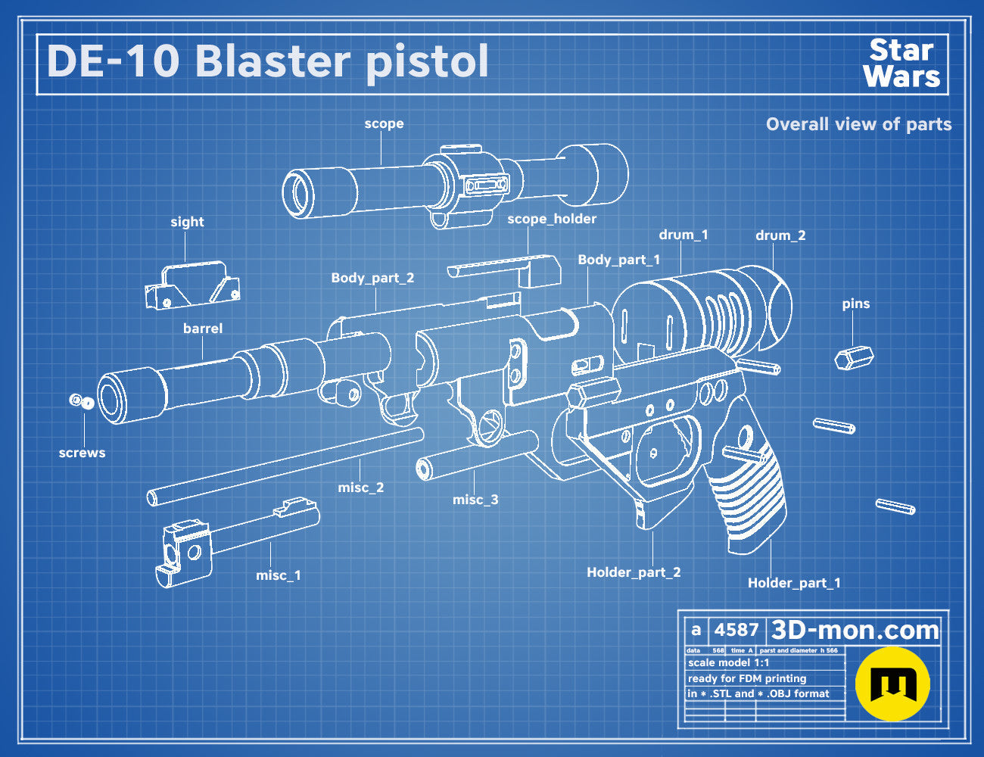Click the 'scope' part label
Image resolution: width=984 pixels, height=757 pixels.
click(x=384, y=123)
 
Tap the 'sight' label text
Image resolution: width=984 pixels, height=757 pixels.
click(x=187, y=222)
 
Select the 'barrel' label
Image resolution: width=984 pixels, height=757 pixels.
click(x=202, y=329)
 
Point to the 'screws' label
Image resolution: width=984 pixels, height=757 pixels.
click(x=82, y=453)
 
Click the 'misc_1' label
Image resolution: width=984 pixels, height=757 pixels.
click(x=278, y=575)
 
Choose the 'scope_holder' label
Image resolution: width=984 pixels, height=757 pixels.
click(x=552, y=219)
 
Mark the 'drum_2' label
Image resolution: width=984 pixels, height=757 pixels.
click(x=780, y=235)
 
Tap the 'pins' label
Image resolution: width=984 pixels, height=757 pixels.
click(x=856, y=304)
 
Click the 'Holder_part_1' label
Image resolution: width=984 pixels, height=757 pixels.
click(x=794, y=583)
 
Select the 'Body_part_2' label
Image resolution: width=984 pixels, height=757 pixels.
click(x=372, y=278)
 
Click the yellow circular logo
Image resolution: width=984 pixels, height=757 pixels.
click(x=892, y=684)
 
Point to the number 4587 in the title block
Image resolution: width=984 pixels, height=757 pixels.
click(x=736, y=630)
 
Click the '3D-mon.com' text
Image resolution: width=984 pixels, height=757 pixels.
click(x=855, y=630)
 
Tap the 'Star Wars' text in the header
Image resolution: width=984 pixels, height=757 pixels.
click(x=901, y=64)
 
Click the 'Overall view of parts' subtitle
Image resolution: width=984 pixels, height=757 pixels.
click(x=858, y=124)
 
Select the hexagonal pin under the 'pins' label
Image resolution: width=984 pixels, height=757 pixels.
click(x=854, y=358)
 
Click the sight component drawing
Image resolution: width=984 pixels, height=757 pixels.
click(x=192, y=285)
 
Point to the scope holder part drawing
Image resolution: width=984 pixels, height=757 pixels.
click(x=504, y=270)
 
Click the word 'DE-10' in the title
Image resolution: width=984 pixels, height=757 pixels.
click(x=114, y=61)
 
